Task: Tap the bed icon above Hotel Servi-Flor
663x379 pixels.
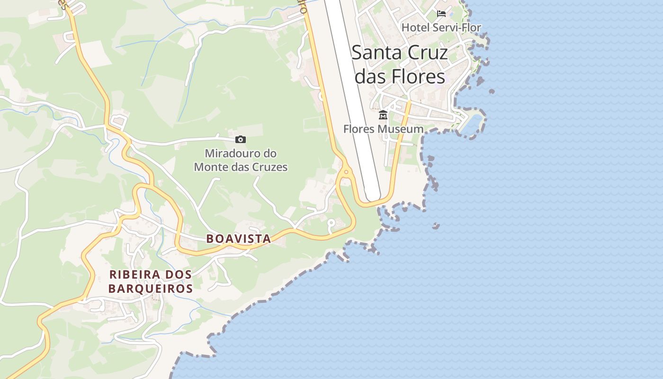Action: [x=441, y=14]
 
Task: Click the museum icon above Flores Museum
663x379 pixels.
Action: [x=383, y=115]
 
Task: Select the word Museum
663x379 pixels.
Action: [x=403, y=129]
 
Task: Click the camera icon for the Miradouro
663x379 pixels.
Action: [x=241, y=139]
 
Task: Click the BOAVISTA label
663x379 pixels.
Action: [x=239, y=239]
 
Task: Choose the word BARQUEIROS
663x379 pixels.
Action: [x=151, y=289]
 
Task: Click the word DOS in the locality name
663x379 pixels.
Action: [x=179, y=274]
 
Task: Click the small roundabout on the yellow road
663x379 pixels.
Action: [x=346, y=172]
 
